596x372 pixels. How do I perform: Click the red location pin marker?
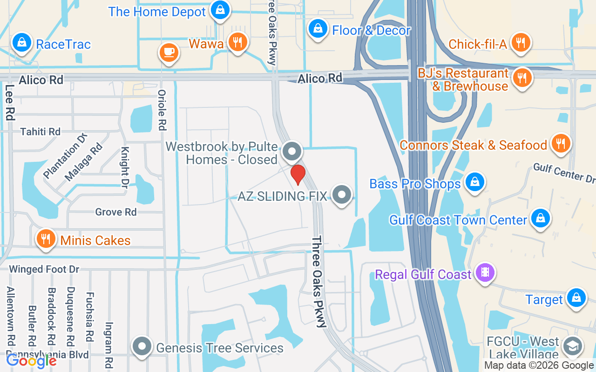pos(298,174)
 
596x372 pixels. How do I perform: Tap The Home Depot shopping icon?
pos(219,9)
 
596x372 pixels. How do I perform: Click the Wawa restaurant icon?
pos(237,42)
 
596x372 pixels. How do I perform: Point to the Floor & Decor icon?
pos(318,29)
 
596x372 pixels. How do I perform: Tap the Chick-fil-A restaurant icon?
pos(521,43)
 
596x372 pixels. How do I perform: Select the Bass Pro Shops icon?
pos(474,182)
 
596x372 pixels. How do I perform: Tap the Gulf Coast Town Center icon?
pos(540,218)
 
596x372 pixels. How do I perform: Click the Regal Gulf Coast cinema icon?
pos(485,272)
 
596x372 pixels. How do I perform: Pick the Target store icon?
pos(576,298)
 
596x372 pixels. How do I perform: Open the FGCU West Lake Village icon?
pos(572,346)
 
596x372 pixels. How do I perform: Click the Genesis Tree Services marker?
pos(142,347)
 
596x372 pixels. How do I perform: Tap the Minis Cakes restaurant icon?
pos(45,239)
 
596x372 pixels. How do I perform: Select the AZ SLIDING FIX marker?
pos(342,195)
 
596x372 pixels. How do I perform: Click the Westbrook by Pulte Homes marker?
pos(292,152)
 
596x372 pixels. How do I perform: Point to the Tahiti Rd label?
pos(41,132)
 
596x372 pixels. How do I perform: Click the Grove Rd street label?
pos(116,212)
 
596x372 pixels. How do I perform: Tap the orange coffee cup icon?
pos(168,52)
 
